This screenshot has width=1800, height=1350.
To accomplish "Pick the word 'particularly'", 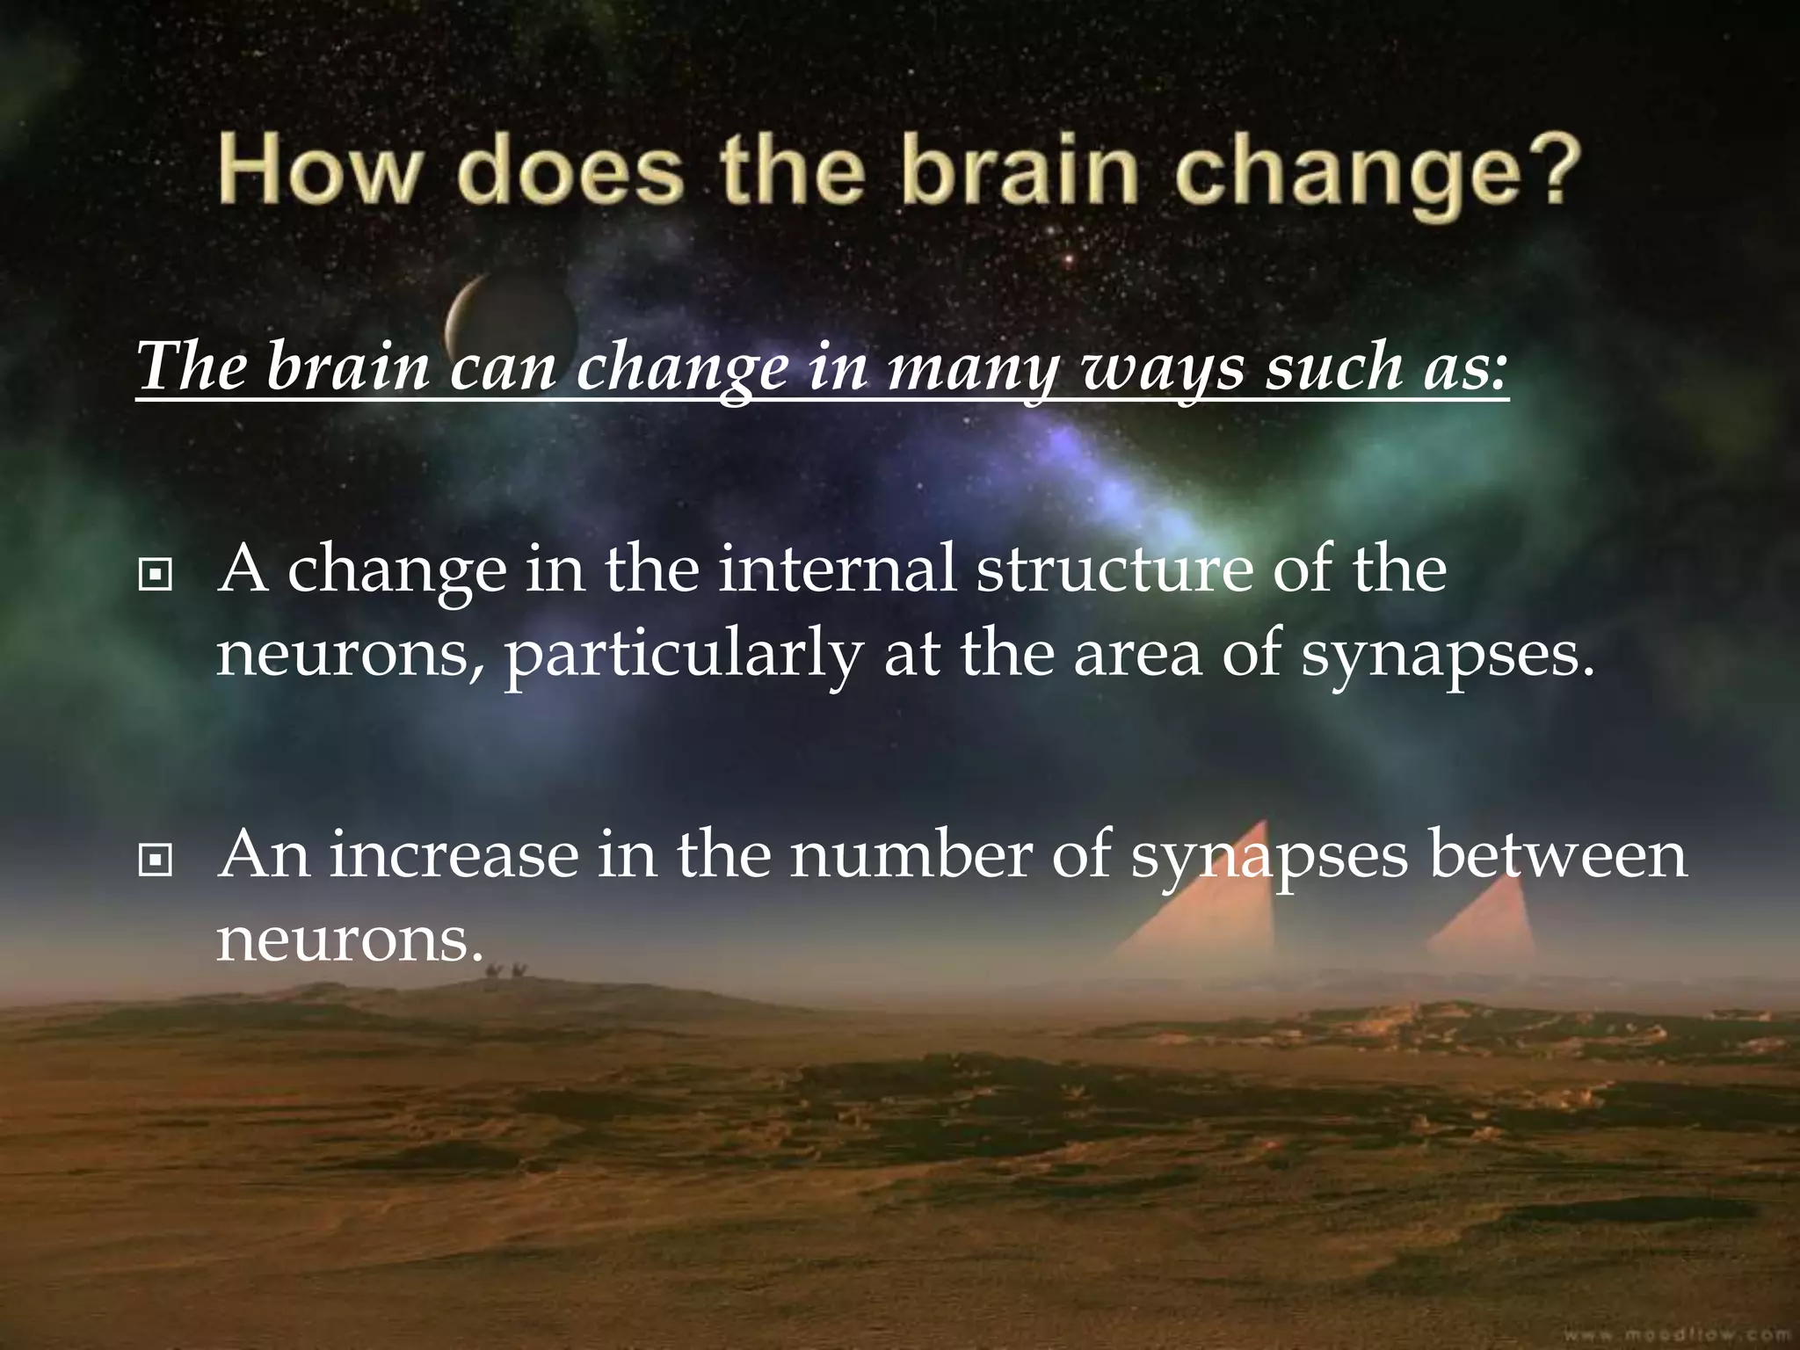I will pyautogui.click(x=682, y=657).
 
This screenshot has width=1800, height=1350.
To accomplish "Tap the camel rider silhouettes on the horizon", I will pyautogui.click(x=506, y=971).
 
